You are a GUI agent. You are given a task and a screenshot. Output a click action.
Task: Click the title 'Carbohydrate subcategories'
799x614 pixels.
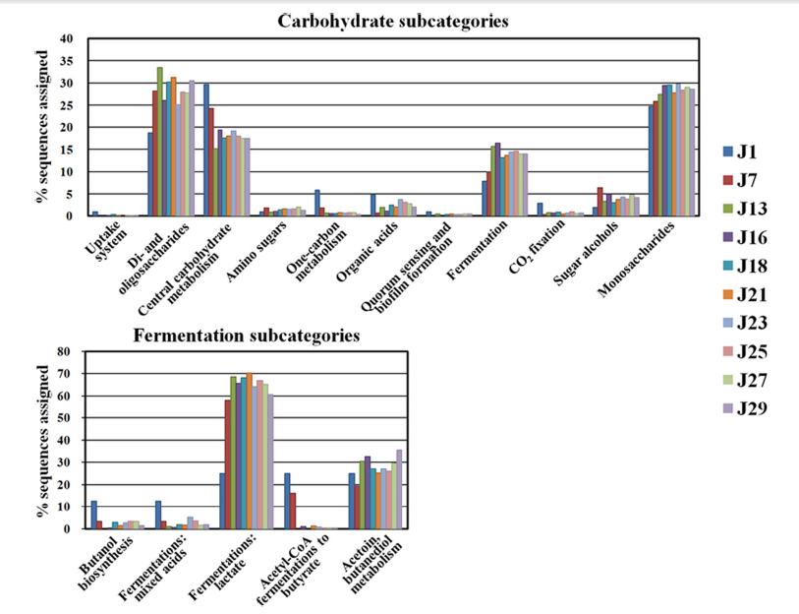393,20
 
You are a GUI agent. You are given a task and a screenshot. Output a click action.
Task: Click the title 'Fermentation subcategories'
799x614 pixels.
247,336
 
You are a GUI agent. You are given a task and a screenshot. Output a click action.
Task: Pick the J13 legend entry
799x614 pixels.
753,209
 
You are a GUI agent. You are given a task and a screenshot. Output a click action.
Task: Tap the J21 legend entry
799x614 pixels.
753,294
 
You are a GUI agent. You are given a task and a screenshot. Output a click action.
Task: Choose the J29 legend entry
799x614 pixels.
753,408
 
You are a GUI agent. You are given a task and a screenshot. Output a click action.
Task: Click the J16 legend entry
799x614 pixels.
753,237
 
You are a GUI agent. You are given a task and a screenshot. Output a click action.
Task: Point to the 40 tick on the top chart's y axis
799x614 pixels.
67,39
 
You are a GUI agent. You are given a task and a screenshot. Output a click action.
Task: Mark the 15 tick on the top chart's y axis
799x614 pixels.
67,150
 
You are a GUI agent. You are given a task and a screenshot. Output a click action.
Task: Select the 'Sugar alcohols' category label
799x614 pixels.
582,250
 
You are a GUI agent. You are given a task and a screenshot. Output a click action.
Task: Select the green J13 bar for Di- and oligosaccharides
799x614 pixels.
159,142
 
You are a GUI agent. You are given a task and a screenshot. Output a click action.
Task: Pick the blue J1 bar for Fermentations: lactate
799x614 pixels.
221,501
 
